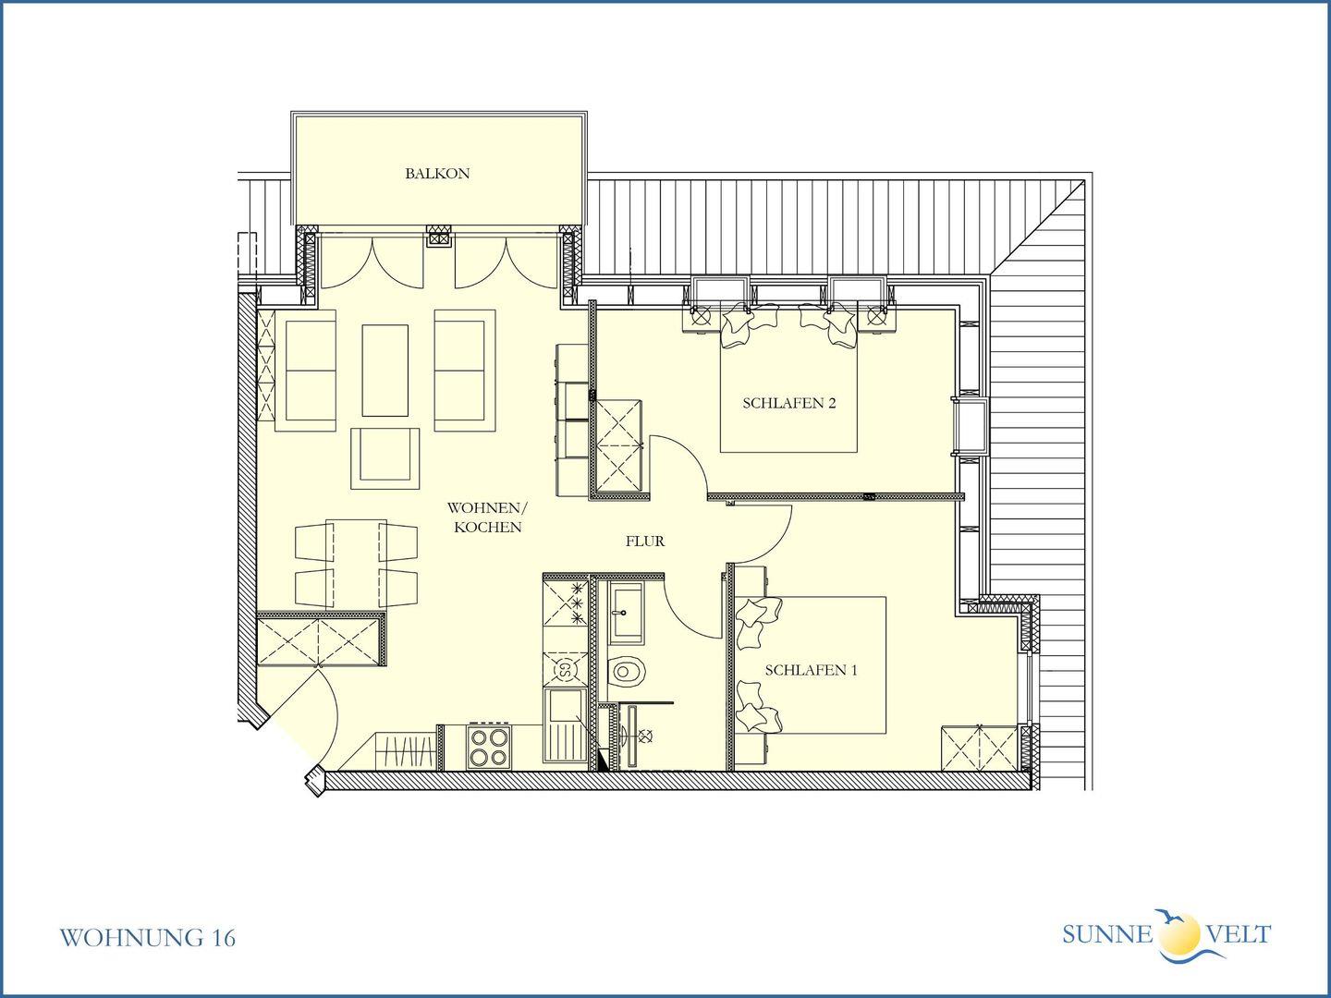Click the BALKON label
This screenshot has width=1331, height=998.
(x=437, y=174)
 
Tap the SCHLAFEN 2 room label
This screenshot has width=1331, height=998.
(x=789, y=403)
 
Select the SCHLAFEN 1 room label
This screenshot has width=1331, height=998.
(x=811, y=670)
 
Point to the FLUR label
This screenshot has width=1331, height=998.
(x=645, y=542)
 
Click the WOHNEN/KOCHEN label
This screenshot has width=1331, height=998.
(x=487, y=517)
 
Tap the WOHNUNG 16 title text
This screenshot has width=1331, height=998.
(x=147, y=938)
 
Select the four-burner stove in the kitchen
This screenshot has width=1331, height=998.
(x=488, y=748)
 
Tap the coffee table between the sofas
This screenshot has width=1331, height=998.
(x=385, y=371)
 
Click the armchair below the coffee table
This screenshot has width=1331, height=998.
(x=385, y=458)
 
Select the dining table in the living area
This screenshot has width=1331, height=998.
(x=357, y=563)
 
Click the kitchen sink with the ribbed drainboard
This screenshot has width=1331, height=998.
(x=566, y=725)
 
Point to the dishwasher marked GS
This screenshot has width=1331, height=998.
(x=566, y=669)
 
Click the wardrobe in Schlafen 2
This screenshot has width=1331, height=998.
(x=618, y=447)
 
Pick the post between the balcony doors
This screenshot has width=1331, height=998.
(x=438, y=236)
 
